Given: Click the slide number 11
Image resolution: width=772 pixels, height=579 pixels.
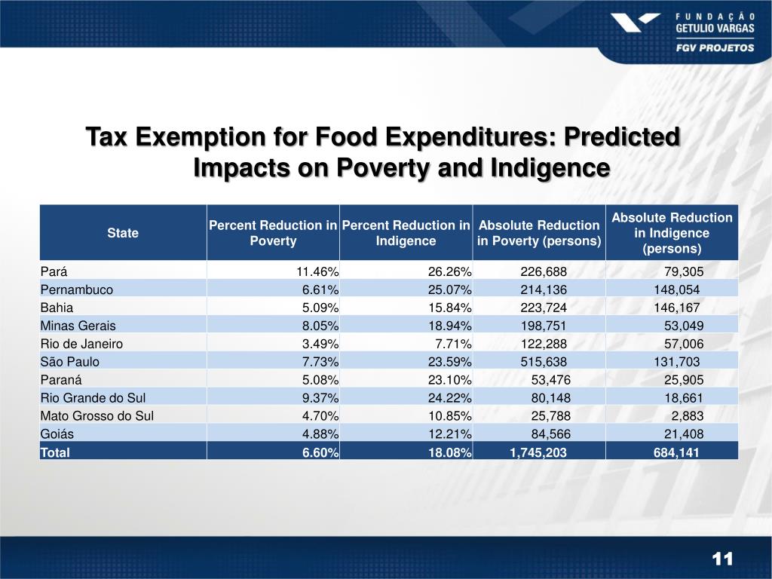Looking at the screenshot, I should point(722,559).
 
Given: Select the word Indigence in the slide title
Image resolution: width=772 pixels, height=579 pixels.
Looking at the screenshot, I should point(550,167).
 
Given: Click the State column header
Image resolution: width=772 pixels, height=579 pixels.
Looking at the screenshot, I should point(123,233).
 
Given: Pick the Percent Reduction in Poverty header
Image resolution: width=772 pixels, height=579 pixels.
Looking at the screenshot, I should point(273,233).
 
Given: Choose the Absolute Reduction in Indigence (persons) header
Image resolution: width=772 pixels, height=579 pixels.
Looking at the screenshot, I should point(672,233).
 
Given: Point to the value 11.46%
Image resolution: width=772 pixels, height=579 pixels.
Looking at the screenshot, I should point(317,271).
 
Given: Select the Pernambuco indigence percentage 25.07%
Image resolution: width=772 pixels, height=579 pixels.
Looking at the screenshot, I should point(450,289).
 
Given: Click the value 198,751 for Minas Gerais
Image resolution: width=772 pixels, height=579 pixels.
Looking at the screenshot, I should point(544,325).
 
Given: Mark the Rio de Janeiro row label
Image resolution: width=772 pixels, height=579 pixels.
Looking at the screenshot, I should point(81,343).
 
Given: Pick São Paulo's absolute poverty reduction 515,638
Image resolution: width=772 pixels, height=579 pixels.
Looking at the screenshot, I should point(544,361).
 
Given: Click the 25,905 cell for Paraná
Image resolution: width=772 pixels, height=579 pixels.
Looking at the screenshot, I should point(684,379).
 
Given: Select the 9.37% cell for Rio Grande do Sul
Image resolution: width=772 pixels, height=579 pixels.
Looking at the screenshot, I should point(320,397).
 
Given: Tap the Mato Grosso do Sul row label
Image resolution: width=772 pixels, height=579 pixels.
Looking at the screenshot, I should point(97,415).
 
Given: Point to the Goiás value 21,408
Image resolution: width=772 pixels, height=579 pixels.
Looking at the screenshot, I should point(684,433).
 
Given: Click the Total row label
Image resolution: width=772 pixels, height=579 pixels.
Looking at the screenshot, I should point(55,452).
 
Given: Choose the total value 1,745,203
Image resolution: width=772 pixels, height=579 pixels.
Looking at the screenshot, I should point(536,452).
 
